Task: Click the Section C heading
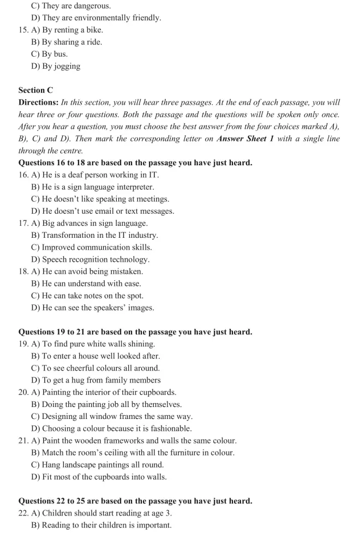pos(35,90)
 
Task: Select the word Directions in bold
pos(38,103)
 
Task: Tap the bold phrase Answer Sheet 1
pos(245,139)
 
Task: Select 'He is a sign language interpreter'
pos(92,187)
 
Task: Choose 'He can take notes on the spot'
pos(87,296)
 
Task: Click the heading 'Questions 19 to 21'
pos(135,332)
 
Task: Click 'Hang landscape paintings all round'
pos(98,465)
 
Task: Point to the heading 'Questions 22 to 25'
pos(135,501)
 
